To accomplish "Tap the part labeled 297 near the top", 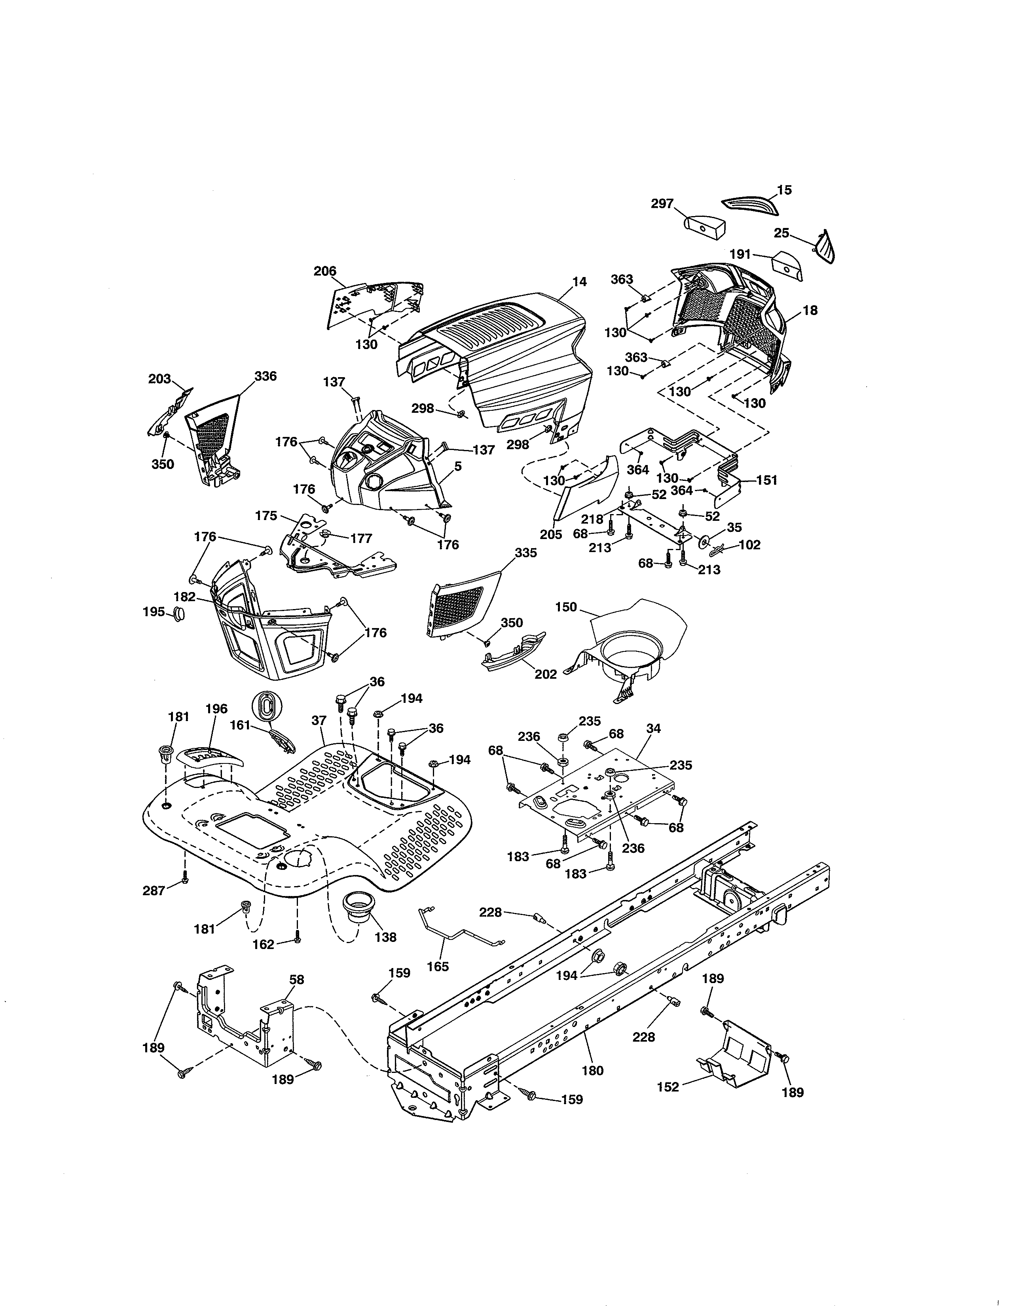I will pyautogui.click(x=704, y=226).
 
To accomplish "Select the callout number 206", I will pyautogui.click(x=325, y=271).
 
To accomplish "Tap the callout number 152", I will pyautogui.click(x=668, y=1086).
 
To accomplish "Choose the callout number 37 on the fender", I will pyautogui.click(x=319, y=721).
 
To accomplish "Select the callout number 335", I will pyautogui.click(x=525, y=553).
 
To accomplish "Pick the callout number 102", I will pyautogui.click(x=749, y=545).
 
